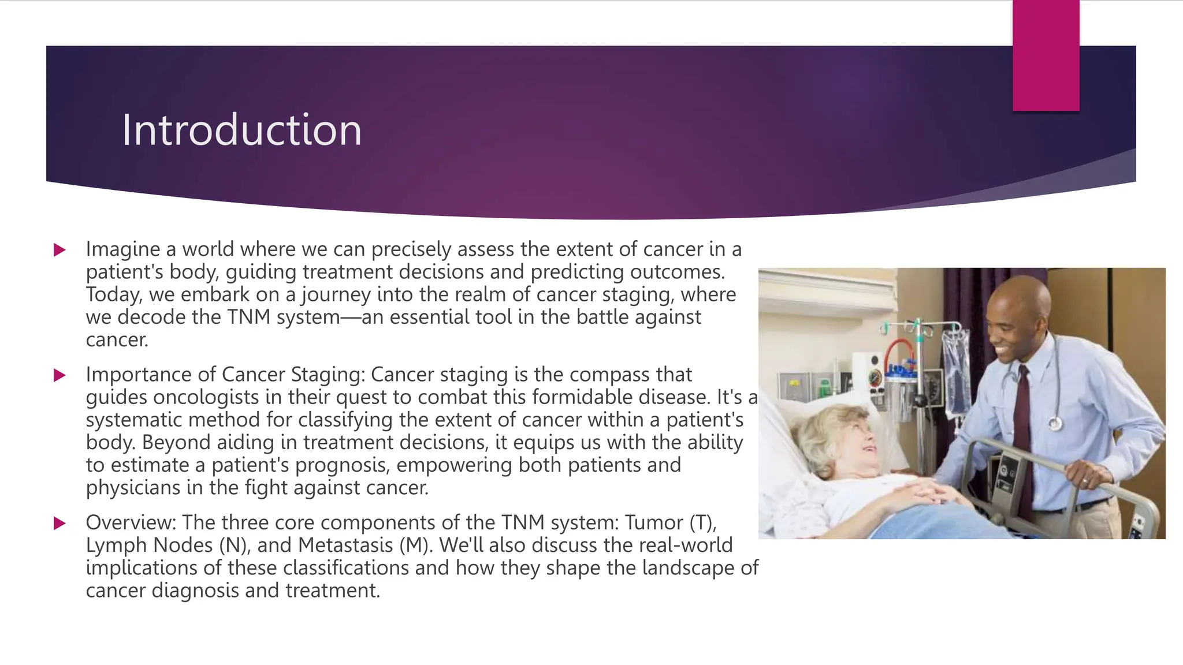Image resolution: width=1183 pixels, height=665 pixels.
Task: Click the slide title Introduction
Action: point(241,130)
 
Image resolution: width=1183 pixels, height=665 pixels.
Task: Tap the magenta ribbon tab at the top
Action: point(1046,55)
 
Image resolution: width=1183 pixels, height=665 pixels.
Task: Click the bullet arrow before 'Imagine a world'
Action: point(59,250)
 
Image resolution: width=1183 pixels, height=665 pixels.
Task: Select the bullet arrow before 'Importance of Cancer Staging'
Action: point(59,375)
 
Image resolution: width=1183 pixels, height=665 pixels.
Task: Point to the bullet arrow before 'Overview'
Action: point(59,524)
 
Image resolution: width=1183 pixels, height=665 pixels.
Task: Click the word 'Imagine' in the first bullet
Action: point(123,249)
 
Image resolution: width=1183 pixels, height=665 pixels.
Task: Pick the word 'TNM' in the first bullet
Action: point(249,317)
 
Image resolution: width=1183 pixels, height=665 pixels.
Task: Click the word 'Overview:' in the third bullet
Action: point(131,522)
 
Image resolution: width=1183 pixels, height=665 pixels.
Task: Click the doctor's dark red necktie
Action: point(1025,433)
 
